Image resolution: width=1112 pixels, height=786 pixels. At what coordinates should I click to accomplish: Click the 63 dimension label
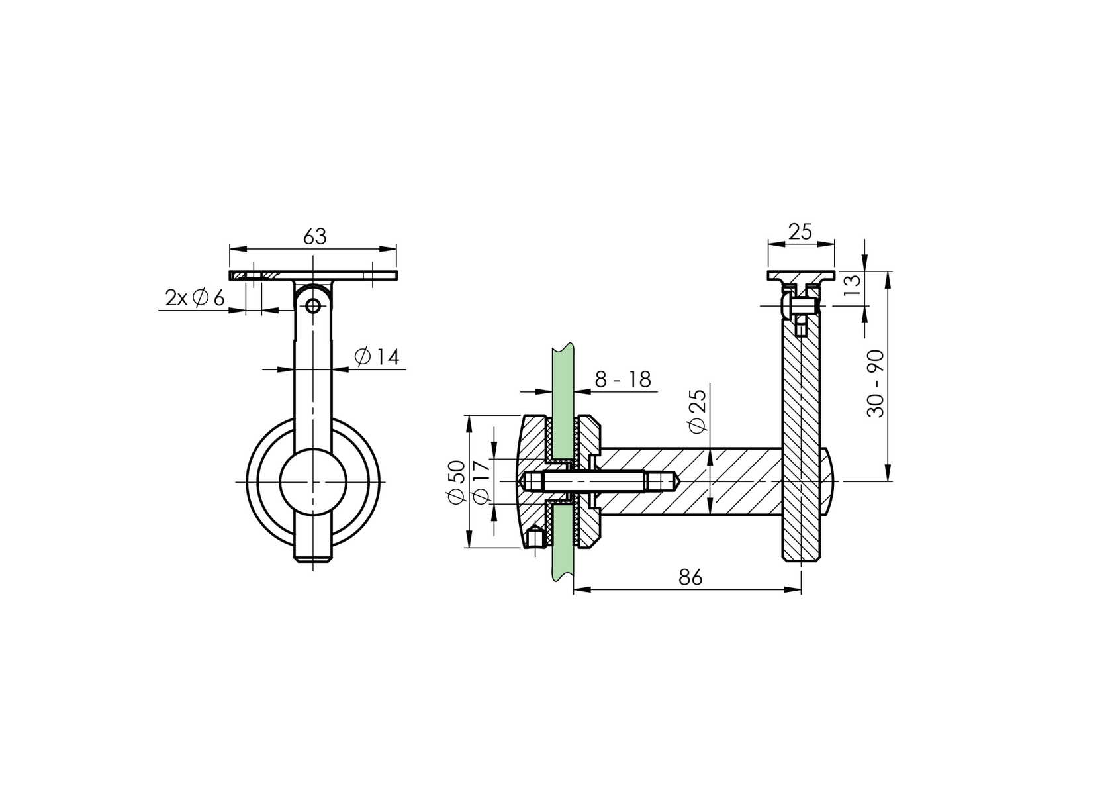pos(315,236)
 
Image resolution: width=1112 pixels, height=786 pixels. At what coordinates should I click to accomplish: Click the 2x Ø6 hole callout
pos(195,299)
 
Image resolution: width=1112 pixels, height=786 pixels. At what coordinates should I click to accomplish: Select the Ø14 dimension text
pos(377,358)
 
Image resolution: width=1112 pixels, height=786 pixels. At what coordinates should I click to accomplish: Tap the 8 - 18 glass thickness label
pos(622,380)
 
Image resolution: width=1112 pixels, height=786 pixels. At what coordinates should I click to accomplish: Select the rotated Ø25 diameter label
pos(698,411)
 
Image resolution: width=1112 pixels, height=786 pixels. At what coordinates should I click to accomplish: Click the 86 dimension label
pos(690,577)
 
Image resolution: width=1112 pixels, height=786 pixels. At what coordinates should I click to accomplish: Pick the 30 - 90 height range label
pos(876,383)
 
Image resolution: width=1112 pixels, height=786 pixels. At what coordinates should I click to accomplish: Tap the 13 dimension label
pos(854,284)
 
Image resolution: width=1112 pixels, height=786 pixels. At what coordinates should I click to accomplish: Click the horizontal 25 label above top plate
pos(800,232)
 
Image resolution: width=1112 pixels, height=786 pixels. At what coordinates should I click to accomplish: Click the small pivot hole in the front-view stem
pos(312,305)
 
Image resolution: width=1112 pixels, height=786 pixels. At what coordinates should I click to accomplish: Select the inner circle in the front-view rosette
pos(312,481)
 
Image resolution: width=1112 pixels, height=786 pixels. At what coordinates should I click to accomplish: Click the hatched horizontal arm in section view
pos(688,481)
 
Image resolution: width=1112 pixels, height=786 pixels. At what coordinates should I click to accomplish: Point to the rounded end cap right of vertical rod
pos(827,481)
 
